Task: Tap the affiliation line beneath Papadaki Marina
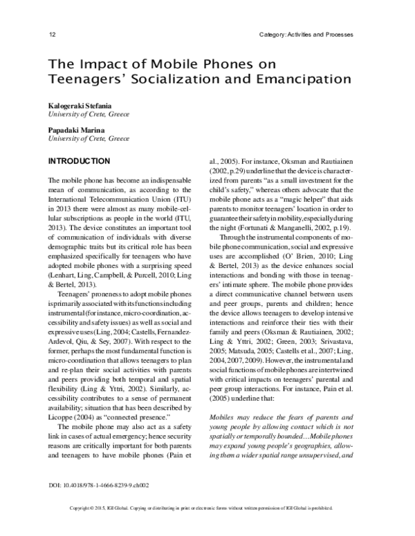[88, 139]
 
